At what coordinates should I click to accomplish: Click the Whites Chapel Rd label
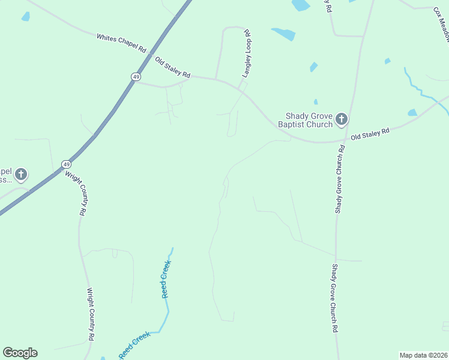[x=122, y=42]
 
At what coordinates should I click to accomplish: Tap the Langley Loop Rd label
[x=246, y=54]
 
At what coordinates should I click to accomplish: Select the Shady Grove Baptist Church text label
[x=306, y=121]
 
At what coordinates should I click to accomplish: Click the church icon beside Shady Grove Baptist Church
[x=341, y=119]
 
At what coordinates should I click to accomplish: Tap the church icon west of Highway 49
[x=21, y=175]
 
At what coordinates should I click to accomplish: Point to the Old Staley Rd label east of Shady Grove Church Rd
[x=370, y=133]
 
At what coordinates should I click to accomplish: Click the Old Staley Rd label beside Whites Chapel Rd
[x=172, y=68]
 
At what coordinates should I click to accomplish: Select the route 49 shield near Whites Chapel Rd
[x=136, y=77]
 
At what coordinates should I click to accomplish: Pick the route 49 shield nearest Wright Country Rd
[x=66, y=164]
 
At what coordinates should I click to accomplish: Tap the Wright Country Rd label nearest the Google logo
[x=91, y=314]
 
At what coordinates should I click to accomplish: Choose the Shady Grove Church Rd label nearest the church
[x=340, y=179]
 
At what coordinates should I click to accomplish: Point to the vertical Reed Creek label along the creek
[x=166, y=280]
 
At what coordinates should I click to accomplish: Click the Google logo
[x=20, y=353]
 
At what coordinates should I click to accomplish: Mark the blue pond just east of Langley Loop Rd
[x=283, y=34]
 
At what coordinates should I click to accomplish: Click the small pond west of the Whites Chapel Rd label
[x=26, y=17]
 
